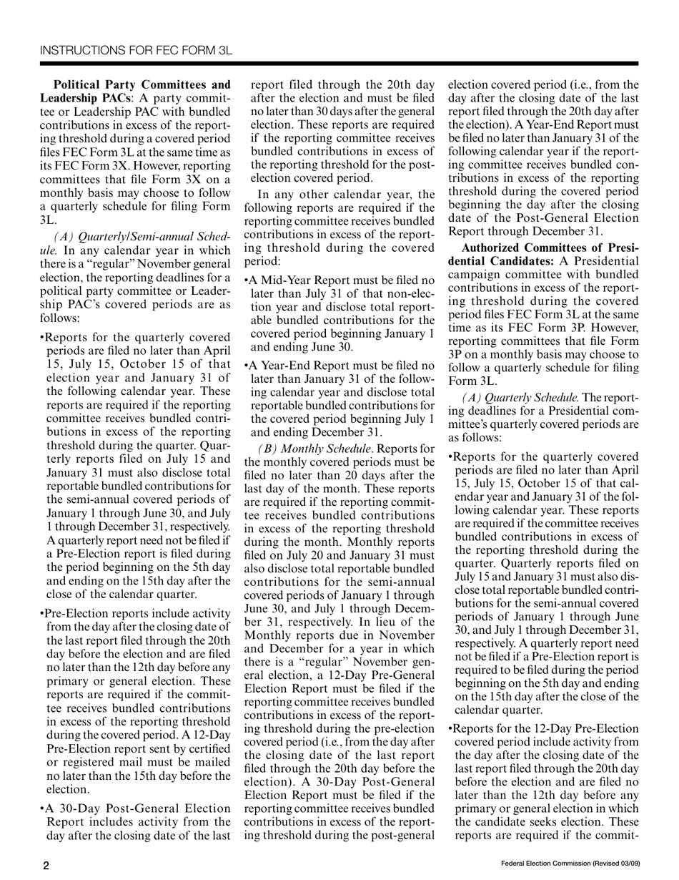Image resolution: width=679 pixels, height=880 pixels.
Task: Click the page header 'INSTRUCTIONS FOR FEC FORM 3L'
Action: [x=136, y=51]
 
